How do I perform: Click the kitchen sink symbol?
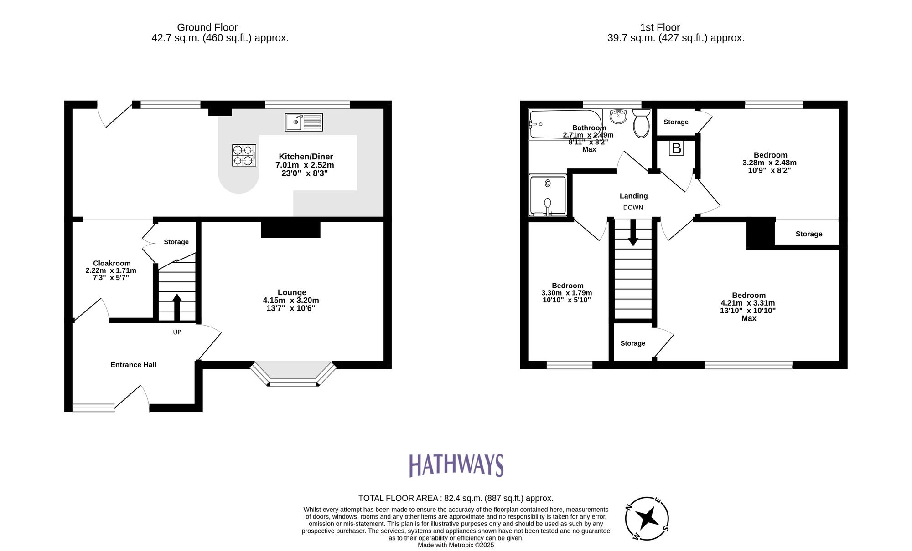pyautogui.click(x=304, y=122)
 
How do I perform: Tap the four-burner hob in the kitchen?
pyautogui.click(x=244, y=155)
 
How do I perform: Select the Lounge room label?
pyautogui.click(x=292, y=292)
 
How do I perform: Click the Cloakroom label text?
pyautogui.click(x=112, y=263)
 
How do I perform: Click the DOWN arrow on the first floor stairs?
pyautogui.click(x=633, y=233)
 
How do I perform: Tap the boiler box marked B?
pyautogui.click(x=676, y=148)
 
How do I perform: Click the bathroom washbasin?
pyautogui.click(x=618, y=116)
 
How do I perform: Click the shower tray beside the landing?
pyautogui.click(x=548, y=195)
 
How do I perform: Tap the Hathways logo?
pyautogui.click(x=456, y=465)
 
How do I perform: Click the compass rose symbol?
pyautogui.click(x=647, y=519)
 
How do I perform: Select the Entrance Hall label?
pyautogui.click(x=133, y=365)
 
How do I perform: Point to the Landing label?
pyautogui.click(x=633, y=196)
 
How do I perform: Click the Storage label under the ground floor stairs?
pyautogui.click(x=176, y=242)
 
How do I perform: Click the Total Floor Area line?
pyautogui.click(x=456, y=498)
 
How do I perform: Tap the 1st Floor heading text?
pyautogui.click(x=660, y=27)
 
